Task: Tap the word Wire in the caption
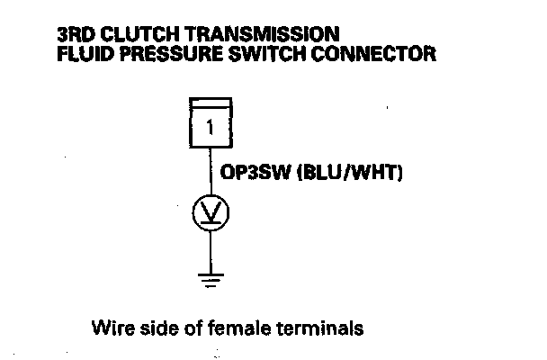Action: pos(110,328)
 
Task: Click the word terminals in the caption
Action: pos(324,328)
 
